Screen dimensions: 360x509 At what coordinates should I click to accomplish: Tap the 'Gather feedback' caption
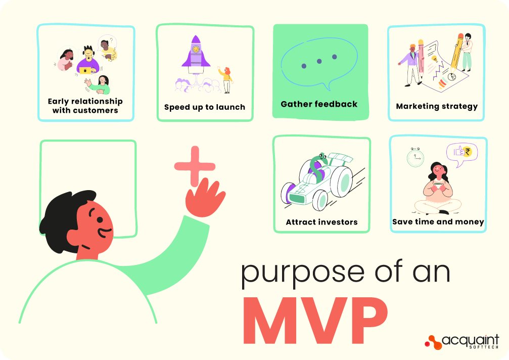pyautogui.click(x=319, y=105)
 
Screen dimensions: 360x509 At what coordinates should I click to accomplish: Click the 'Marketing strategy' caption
pyautogui.click(x=437, y=106)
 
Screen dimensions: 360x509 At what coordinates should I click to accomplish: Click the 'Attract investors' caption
pyautogui.click(x=321, y=222)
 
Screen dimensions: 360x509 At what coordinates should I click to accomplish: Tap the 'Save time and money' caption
pyautogui.click(x=438, y=222)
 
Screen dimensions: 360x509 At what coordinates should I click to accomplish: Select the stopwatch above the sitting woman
pyautogui.click(x=415, y=158)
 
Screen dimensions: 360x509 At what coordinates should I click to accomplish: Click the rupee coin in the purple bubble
pyautogui.click(x=468, y=152)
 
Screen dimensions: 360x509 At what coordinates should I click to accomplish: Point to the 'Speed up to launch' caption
pyautogui.click(x=205, y=107)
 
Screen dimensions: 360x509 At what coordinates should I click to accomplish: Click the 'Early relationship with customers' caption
pyautogui.click(x=85, y=106)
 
